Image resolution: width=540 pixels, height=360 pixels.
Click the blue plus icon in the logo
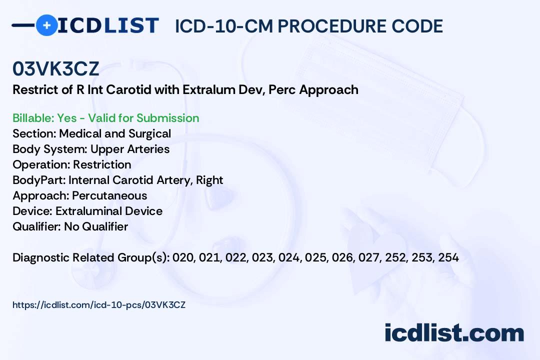coord(46,25)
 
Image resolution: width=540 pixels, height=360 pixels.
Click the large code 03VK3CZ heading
coord(56,68)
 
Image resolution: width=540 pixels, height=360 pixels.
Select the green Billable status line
coord(105,118)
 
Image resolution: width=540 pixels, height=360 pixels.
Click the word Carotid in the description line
coord(128,89)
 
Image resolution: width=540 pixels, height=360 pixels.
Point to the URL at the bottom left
coord(99,305)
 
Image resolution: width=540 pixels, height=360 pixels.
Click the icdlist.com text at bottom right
coord(454,333)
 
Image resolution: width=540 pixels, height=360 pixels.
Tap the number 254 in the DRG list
coord(448,257)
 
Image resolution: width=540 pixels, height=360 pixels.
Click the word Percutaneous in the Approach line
coord(109,195)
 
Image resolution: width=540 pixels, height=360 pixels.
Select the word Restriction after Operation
coord(102,164)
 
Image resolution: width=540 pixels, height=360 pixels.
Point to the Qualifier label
coord(37,226)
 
